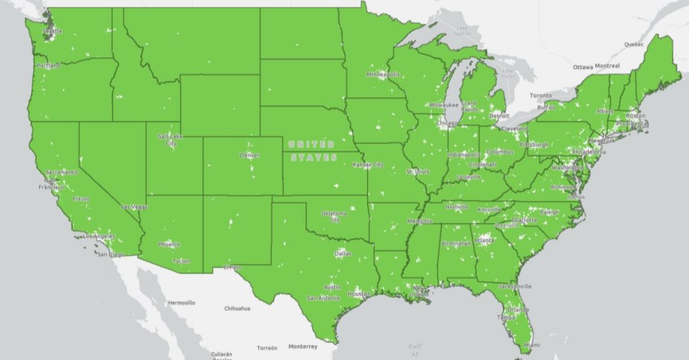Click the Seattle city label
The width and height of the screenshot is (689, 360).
[x=50, y=31]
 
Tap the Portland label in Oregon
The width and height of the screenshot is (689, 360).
[x=48, y=66]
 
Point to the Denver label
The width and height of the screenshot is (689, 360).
[x=249, y=155]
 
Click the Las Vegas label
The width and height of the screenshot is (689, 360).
[x=134, y=207]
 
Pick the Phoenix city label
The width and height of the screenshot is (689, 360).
[x=168, y=244]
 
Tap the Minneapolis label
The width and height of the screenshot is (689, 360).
[x=384, y=74]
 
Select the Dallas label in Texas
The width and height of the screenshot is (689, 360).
[x=342, y=254]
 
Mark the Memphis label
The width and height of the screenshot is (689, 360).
[x=419, y=221]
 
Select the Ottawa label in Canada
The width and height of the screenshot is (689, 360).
[x=583, y=67]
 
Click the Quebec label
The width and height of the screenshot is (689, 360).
[x=634, y=44]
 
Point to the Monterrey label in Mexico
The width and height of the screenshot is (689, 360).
[x=302, y=347]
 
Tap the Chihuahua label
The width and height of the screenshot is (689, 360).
[x=237, y=308]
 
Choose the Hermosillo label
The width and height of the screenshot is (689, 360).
[x=180, y=303]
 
